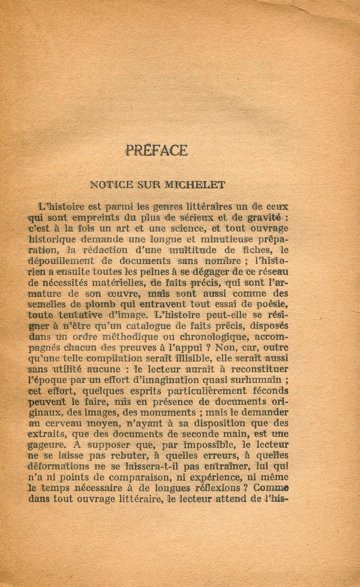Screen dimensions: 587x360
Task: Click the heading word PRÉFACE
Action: [156, 150]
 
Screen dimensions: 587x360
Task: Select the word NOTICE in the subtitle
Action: [108, 184]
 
